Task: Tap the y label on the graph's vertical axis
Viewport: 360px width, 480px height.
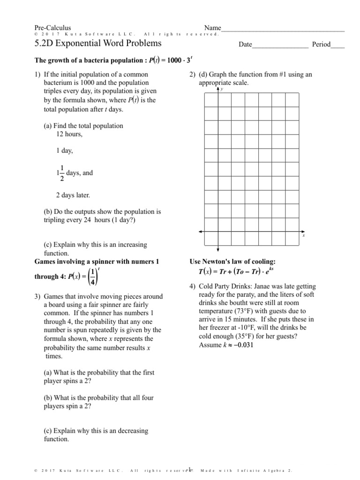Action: click(x=221, y=89)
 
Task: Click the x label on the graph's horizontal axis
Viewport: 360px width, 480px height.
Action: click(x=304, y=236)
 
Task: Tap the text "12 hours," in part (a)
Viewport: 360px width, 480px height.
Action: click(x=69, y=134)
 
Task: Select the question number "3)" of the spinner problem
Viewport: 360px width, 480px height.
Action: click(x=38, y=296)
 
